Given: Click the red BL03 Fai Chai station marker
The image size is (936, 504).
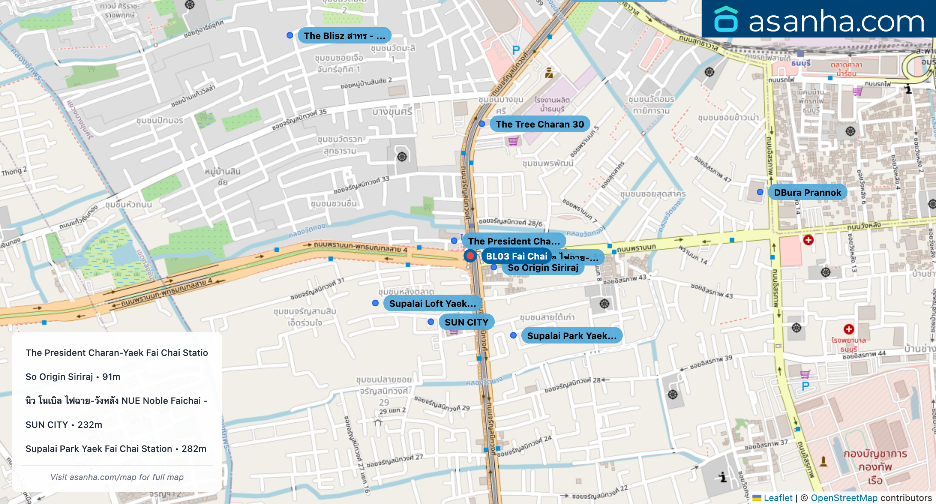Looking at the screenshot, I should coord(470,256).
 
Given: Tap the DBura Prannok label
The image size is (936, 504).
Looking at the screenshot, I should coord(807,192).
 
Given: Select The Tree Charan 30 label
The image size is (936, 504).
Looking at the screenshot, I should coord(540,124).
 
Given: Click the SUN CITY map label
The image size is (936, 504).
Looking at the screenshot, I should coord(466,322).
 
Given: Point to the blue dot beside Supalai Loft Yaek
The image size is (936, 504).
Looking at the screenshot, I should coord(375,303).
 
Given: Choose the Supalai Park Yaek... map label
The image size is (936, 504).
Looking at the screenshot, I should coord(571,336).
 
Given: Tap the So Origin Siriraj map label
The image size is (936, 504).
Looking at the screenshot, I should coord(543,268).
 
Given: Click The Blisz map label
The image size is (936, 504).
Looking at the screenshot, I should coord(344,36).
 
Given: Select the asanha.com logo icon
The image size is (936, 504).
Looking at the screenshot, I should coord(726,19).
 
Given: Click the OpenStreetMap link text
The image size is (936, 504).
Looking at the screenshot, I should coord(844,498).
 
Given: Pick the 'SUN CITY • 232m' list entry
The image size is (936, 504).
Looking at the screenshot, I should coord(64,424).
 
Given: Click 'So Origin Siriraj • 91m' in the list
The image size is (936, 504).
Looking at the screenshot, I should coord(73,376).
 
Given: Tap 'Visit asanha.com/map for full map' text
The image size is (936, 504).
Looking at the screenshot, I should coord(117,477).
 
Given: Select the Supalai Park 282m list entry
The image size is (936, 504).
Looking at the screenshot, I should coord(116,448).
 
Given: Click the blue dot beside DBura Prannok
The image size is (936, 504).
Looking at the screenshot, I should coord(760,192).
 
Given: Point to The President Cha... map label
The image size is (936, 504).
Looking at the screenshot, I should coord(514,241).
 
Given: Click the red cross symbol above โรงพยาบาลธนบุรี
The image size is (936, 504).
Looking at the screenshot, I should coord(849,329).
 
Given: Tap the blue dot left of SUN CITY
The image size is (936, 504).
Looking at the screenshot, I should coord(431,322).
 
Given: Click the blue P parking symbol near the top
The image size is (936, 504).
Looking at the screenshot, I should coord(516,50).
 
